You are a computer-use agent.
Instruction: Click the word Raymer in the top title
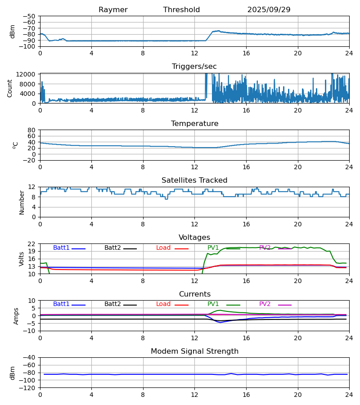[x=113, y=10]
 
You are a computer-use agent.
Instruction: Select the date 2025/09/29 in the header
[x=269, y=10]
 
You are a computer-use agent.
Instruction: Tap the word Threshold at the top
[x=181, y=10]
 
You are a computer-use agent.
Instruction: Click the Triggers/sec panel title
[x=194, y=67]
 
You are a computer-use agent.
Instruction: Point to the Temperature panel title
[x=194, y=124]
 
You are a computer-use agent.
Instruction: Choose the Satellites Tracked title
[x=194, y=180]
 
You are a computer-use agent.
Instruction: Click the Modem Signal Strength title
[x=194, y=351]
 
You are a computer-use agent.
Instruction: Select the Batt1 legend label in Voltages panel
[x=61, y=248]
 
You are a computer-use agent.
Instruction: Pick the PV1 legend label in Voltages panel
[x=213, y=248]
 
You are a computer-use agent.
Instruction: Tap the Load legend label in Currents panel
[x=163, y=304]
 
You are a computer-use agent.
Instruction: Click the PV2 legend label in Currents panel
[x=265, y=304]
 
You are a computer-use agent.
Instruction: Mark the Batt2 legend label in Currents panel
[x=112, y=304]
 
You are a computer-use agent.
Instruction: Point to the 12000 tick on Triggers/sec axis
[x=28, y=75]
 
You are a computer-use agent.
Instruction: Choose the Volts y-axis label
[x=22, y=259]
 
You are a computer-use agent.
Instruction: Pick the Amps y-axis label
[x=17, y=316]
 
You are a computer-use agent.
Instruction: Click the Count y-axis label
[x=10, y=88]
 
